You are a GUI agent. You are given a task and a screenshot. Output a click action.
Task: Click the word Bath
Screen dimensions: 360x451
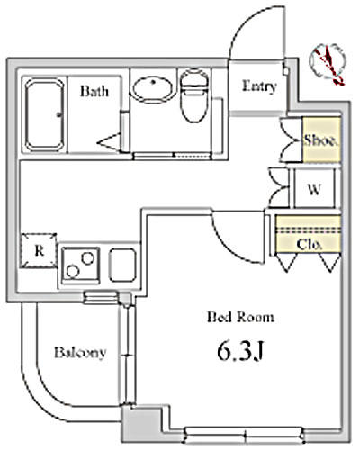tap(94, 91)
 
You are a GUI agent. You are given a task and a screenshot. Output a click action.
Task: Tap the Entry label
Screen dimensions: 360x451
tap(259, 86)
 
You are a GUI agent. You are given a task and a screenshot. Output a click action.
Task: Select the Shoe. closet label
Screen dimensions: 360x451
tap(320, 140)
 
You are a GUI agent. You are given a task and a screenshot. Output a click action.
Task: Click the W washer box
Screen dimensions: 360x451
tap(314, 188)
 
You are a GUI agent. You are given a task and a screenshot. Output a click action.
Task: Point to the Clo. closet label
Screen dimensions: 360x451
tap(310, 245)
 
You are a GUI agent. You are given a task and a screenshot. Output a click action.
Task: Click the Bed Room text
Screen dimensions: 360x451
tap(240, 317)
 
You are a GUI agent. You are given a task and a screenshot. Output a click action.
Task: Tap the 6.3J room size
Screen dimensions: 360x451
tap(240, 351)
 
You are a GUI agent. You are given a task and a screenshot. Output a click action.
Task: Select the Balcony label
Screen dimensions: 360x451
tap(80, 353)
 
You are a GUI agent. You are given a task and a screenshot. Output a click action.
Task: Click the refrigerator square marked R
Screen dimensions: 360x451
tap(39, 250)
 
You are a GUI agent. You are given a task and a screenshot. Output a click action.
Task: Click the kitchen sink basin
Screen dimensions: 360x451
tap(122, 266)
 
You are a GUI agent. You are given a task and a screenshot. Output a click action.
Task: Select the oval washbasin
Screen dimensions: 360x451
tap(153, 90)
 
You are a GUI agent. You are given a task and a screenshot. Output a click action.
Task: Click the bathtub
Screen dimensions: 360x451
tap(44, 114)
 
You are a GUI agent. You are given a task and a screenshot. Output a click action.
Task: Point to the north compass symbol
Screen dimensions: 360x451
tap(328, 64)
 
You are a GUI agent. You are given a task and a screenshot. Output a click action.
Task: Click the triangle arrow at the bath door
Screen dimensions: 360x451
tap(109, 141)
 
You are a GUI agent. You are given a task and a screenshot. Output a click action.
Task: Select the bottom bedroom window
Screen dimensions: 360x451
tap(245, 435)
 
